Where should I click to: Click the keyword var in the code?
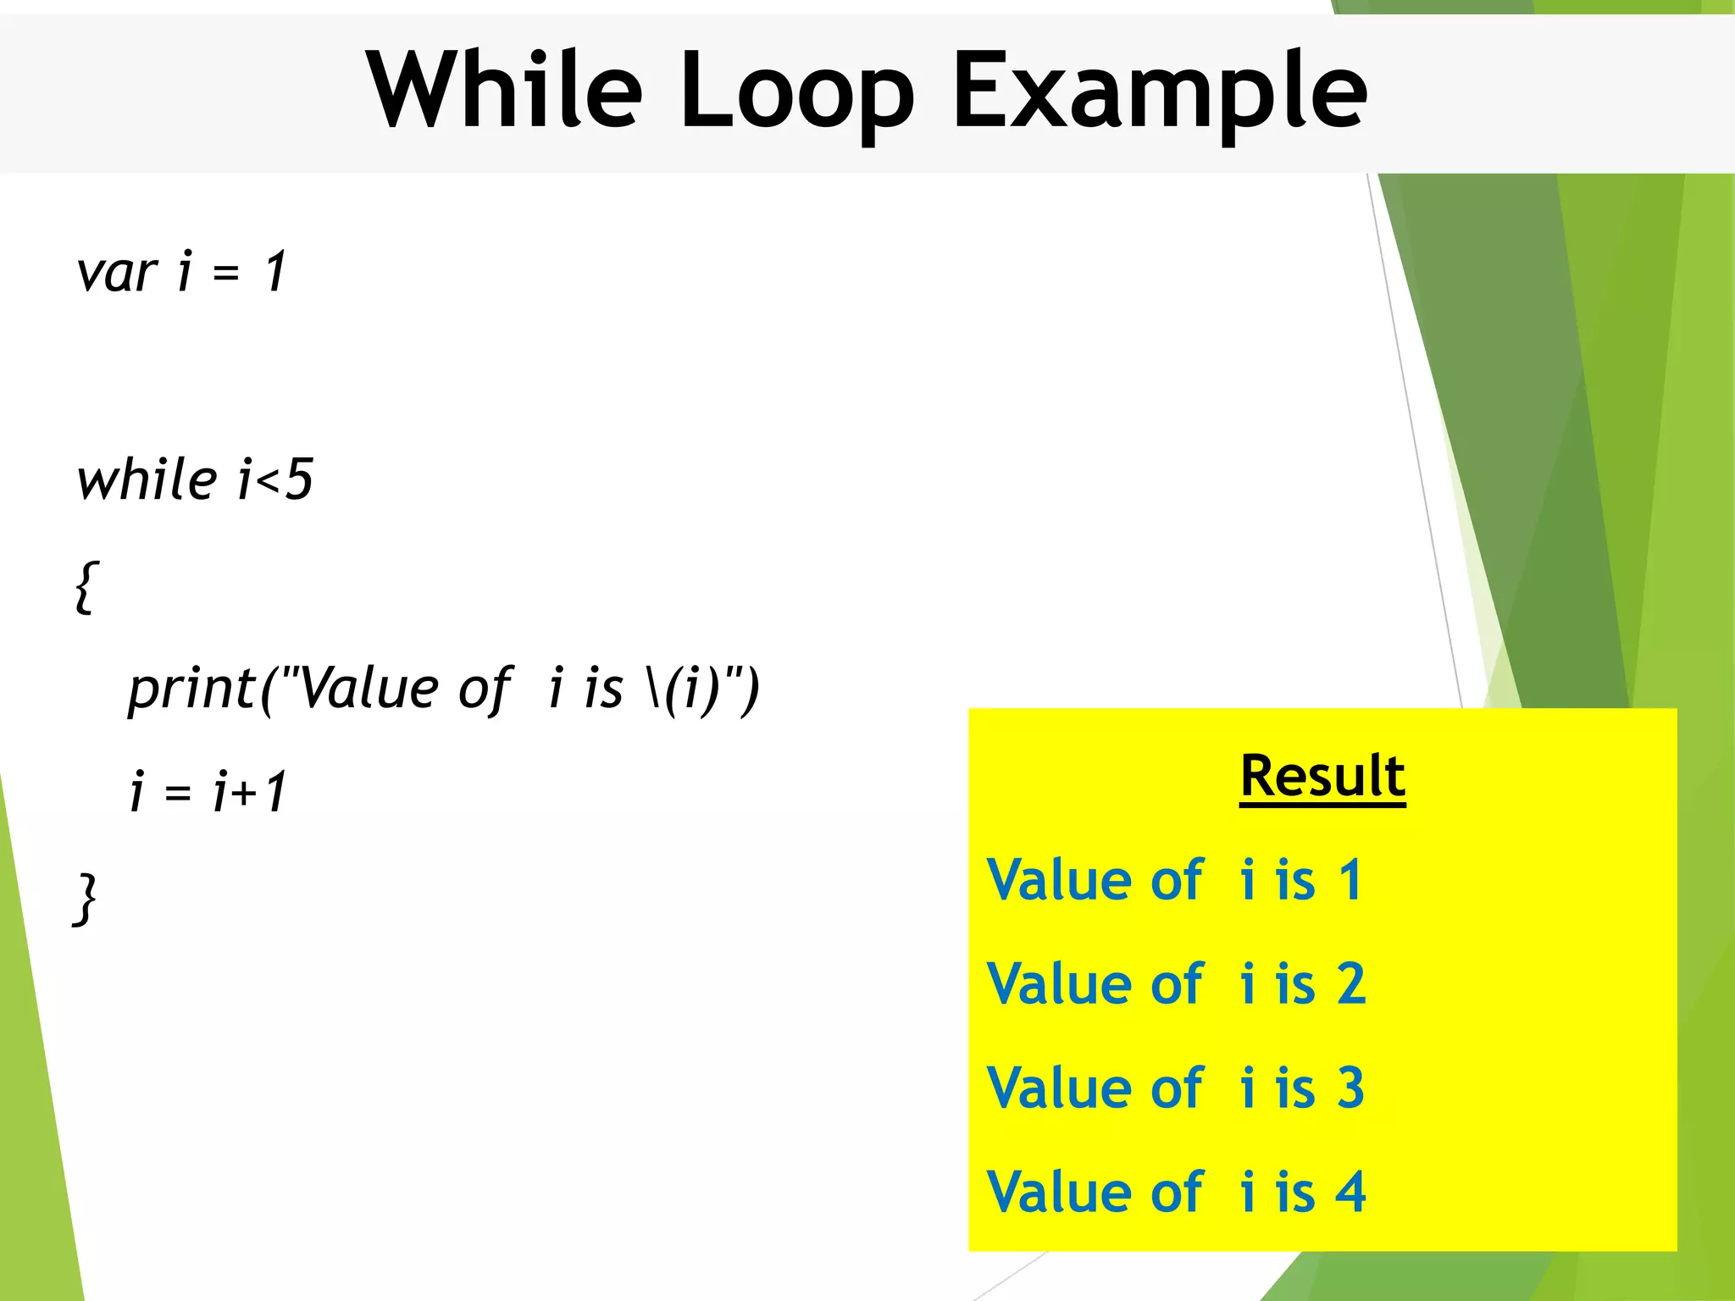(x=117, y=273)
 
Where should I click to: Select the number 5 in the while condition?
(x=299, y=479)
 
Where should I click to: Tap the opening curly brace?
(x=86, y=586)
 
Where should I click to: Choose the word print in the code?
(x=191, y=688)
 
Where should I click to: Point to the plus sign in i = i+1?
(x=246, y=793)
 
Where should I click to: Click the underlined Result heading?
(x=1322, y=776)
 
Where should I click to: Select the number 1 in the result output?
(x=1350, y=880)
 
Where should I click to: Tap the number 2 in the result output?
(x=1351, y=984)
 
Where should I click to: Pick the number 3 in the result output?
(x=1351, y=1088)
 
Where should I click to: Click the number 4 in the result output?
(x=1351, y=1192)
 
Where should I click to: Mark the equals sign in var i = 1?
(x=226, y=273)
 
